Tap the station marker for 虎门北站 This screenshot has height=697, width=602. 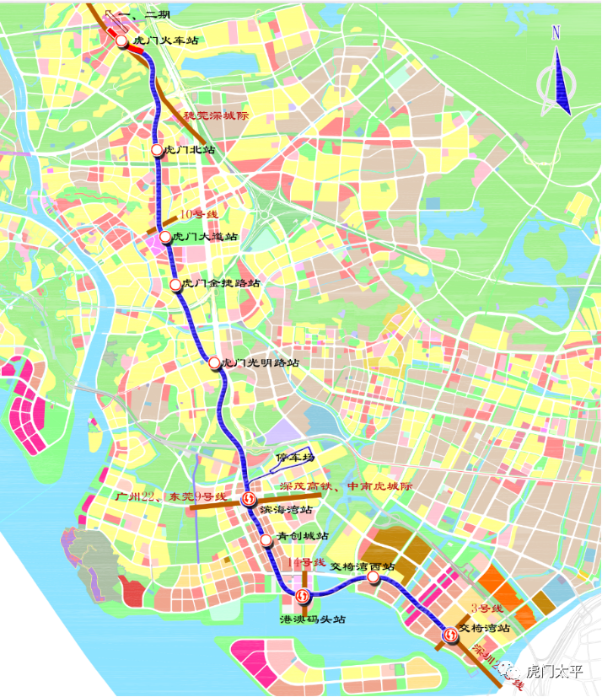[x=157, y=150]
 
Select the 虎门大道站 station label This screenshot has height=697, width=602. [x=205, y=238]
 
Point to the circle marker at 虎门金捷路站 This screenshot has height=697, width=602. [x=176, y=285]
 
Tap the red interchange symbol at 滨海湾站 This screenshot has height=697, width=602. [x=249, y=500]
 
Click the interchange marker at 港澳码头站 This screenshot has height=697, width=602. [x=304, y=597]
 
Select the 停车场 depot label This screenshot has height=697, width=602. [x=295, y=458]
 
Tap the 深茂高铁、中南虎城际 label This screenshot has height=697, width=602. [x=347, y=487]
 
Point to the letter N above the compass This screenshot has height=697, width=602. [x=556, y=34]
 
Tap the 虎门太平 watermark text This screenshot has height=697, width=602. [x=554, y=672]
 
